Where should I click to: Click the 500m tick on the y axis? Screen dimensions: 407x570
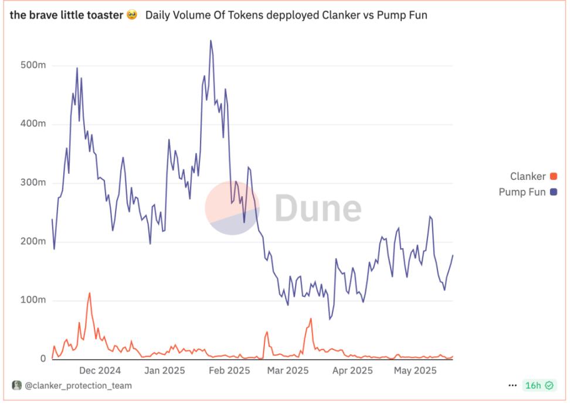33,66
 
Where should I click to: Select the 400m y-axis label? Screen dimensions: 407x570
33,124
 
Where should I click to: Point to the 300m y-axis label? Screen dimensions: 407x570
33,183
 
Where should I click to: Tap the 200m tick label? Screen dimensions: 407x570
33,241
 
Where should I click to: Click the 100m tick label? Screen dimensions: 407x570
33,300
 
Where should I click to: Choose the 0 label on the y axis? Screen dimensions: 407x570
43,359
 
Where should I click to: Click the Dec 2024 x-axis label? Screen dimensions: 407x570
100,370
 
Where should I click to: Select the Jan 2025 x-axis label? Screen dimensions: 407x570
164,370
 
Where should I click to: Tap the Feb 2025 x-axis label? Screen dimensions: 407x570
229,370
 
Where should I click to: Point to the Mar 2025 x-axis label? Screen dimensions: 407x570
288,370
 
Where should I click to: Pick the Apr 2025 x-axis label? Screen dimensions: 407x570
352,370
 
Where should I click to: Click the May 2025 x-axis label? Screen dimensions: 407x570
415,370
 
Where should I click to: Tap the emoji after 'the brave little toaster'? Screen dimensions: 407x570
132,15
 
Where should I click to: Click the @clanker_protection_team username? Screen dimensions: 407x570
77,385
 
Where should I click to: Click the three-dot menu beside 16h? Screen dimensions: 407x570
513,385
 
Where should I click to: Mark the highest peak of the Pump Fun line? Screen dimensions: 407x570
211,40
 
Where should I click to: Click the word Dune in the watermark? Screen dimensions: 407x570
318,208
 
